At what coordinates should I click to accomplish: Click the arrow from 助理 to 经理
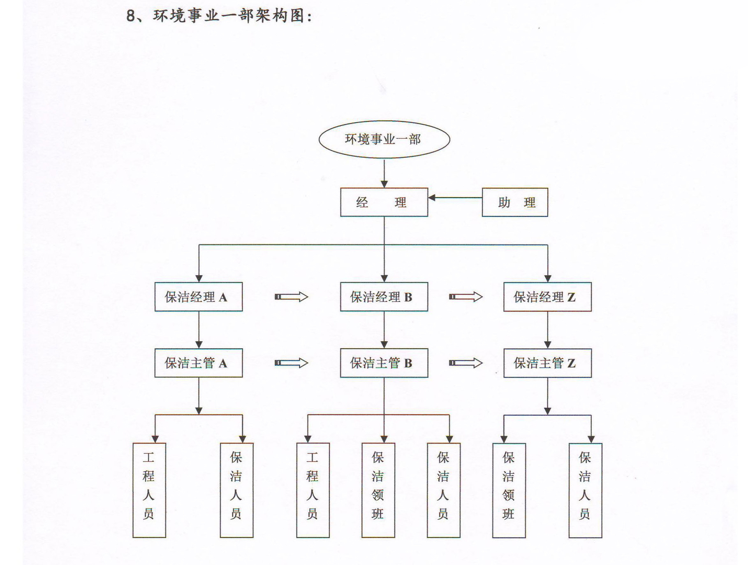(455, 198)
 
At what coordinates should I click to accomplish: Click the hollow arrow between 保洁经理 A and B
(291, 297)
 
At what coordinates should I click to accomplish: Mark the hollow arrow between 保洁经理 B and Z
(465, 297)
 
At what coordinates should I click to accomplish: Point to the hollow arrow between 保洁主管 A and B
(291, 363)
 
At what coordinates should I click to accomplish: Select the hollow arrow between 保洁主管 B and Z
(465, 363)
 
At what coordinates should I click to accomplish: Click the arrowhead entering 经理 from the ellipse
(384, 184)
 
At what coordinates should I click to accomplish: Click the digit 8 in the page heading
(130, 16)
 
